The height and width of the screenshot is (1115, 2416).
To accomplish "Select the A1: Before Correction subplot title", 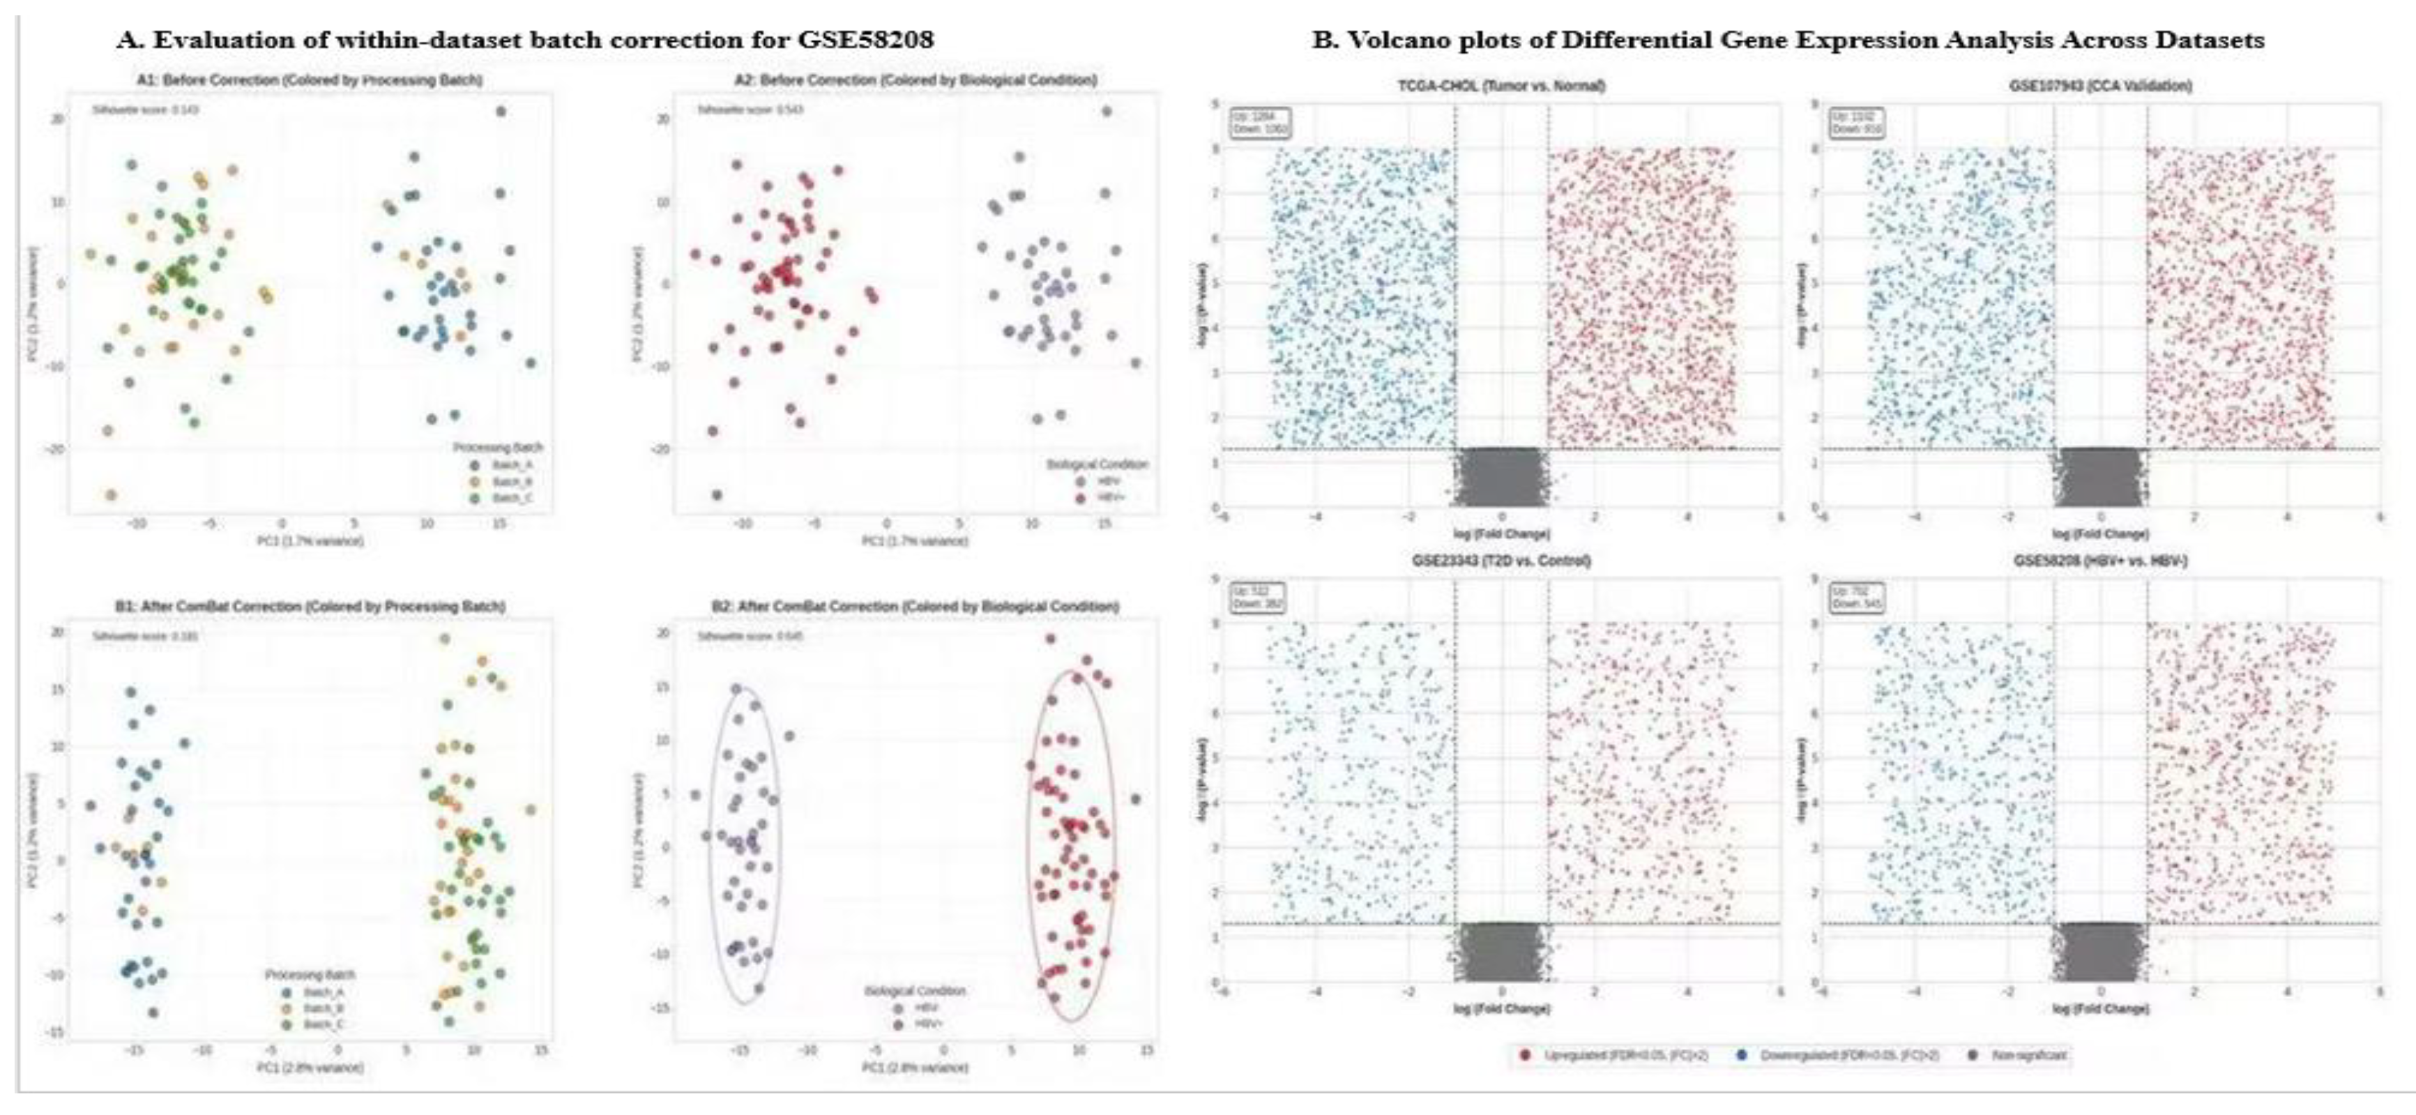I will [x=310, y=81].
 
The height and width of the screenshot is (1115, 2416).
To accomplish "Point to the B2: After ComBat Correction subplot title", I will [x=914, y=607].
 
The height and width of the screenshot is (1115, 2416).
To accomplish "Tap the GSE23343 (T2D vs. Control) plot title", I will [x=1500, y=561].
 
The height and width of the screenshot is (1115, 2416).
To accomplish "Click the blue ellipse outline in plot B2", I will [x=711, y=844].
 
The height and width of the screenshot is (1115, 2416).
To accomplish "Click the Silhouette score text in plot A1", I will [x=144, y=109].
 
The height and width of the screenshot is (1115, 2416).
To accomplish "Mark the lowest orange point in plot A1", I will [x=111, y=494].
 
